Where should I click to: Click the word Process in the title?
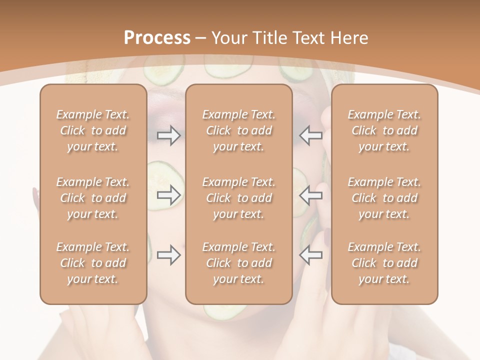[157, 38]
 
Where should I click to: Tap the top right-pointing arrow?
[169, 135]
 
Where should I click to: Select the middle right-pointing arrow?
[169, 195]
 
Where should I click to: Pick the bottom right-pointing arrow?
[169, 255]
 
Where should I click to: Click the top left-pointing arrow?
[311, 135]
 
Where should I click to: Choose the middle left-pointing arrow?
[311, 195]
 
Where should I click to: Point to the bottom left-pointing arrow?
[311, 255]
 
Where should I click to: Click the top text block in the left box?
[93, 130]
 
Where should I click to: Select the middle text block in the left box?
[93, 198]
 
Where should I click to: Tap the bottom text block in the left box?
[93, 263]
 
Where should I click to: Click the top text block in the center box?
[239, 130]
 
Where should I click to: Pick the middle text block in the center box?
[239, 198]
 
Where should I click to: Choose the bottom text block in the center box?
[239, 263]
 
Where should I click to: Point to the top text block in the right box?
[384, 130]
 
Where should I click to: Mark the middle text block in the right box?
[384, 198]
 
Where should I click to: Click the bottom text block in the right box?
[384, 263]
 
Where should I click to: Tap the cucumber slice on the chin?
[225, 312]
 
